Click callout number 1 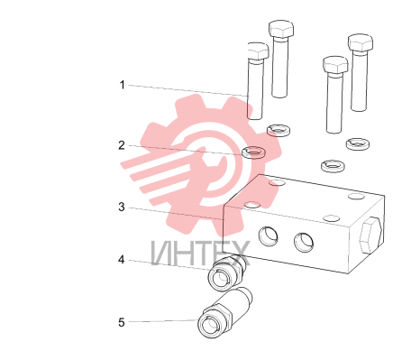(x=122, y=85)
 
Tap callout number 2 (x=122, y=145)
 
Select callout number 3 (x=122, y=207)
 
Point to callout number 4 (x=121, y=260)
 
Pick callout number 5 (x=122, y=322)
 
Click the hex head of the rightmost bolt (x=361, y=42)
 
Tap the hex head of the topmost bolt (x=281, y=29)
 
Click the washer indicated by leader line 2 (x=253, y=152)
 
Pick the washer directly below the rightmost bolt (x=358, y=143)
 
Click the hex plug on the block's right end (x=370, y=235)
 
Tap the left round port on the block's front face (x=269, y=236)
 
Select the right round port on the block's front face (x=304, y=243)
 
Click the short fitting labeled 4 (x=227, y=272)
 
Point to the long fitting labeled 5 (x=224, y=314)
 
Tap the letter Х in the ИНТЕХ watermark (x=239, y=254)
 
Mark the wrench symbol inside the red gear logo (x=210, y=169)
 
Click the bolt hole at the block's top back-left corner (x=278, y=182)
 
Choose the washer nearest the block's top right (x=333, y=166)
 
